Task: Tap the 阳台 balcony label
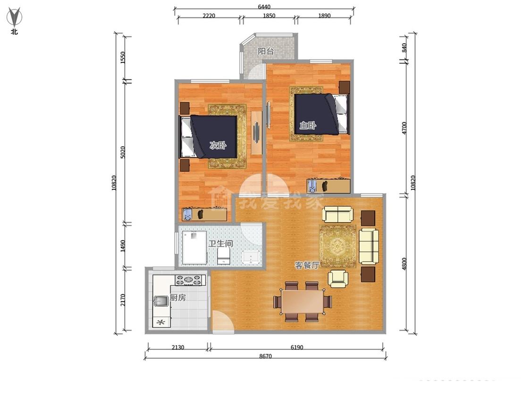click(266, 51)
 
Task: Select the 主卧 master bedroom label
click(308, 125)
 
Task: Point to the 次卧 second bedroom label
click(218, 146)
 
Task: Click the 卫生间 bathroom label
click(221, 244)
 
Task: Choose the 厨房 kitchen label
click(178, 298)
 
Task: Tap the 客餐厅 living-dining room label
click(307, 265)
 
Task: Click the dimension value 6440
click(264, 7)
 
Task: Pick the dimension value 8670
click(265, 356)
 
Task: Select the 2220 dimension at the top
click(209, 16)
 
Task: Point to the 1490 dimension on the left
click(123, 246)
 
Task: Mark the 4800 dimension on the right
click(404, 264)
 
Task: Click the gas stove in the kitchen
click(190, 280)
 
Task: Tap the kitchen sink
click(161, 301)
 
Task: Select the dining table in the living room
click(303, 302)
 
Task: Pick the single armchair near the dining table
click(338, 279)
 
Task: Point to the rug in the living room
click(337, 246)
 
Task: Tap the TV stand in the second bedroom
click(256, 133)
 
